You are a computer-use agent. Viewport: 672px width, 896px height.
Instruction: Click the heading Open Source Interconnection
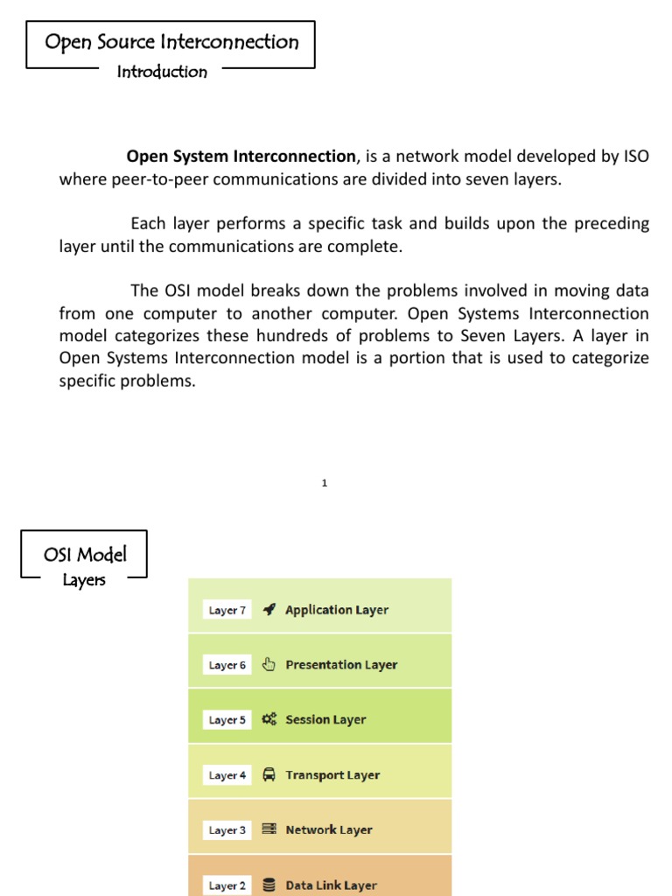click(171, 42)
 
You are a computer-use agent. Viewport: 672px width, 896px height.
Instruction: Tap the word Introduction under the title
click(162, 72)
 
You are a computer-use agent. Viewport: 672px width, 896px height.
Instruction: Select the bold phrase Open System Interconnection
click(241, 157)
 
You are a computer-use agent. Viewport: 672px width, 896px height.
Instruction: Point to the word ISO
click(635, 157)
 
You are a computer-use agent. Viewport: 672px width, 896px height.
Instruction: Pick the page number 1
click(325, 482)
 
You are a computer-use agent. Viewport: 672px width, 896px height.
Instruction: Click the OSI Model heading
click(85, 554)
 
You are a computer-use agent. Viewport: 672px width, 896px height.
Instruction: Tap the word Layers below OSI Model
click(84, 580)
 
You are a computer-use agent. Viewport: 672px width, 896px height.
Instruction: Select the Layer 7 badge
click(227, 610)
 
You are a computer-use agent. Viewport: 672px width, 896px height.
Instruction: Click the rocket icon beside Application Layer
click(269, 610)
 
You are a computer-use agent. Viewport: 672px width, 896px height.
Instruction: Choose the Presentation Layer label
click(341, 665)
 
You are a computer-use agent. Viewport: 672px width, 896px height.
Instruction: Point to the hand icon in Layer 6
click(269, 664)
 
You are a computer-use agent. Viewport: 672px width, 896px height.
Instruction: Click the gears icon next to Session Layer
click(269, 719)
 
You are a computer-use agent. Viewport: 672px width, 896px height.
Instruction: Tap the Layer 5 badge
click(227, 720)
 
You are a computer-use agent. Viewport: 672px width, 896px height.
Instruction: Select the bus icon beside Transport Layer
click(269, 774)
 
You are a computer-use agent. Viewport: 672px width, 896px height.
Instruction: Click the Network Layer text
click(329, 829)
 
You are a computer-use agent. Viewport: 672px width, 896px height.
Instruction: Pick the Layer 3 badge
click(227, 830)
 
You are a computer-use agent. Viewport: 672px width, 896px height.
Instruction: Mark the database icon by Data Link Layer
click(269, 885)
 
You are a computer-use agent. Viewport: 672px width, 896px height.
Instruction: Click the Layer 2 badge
click(227, 885)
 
